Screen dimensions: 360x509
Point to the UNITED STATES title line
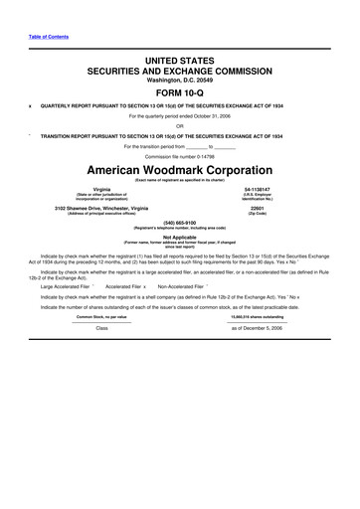pyautogui.click(x=179, y=61)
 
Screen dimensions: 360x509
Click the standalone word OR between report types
pyautogui.click(x=179, y=125)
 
